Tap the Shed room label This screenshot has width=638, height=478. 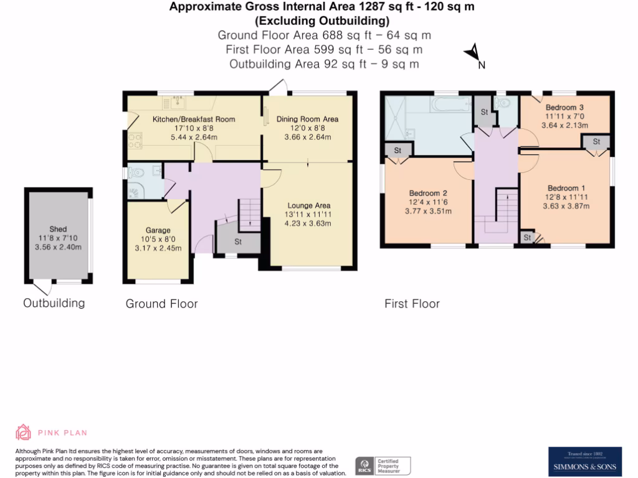58,229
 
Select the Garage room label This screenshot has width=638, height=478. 158,230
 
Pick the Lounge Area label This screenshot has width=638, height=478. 308,205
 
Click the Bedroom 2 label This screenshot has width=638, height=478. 427,193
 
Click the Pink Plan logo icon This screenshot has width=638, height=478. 23,432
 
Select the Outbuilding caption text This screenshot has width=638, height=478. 54,303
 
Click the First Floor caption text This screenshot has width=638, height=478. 412,304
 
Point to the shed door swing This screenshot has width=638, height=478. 42,288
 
